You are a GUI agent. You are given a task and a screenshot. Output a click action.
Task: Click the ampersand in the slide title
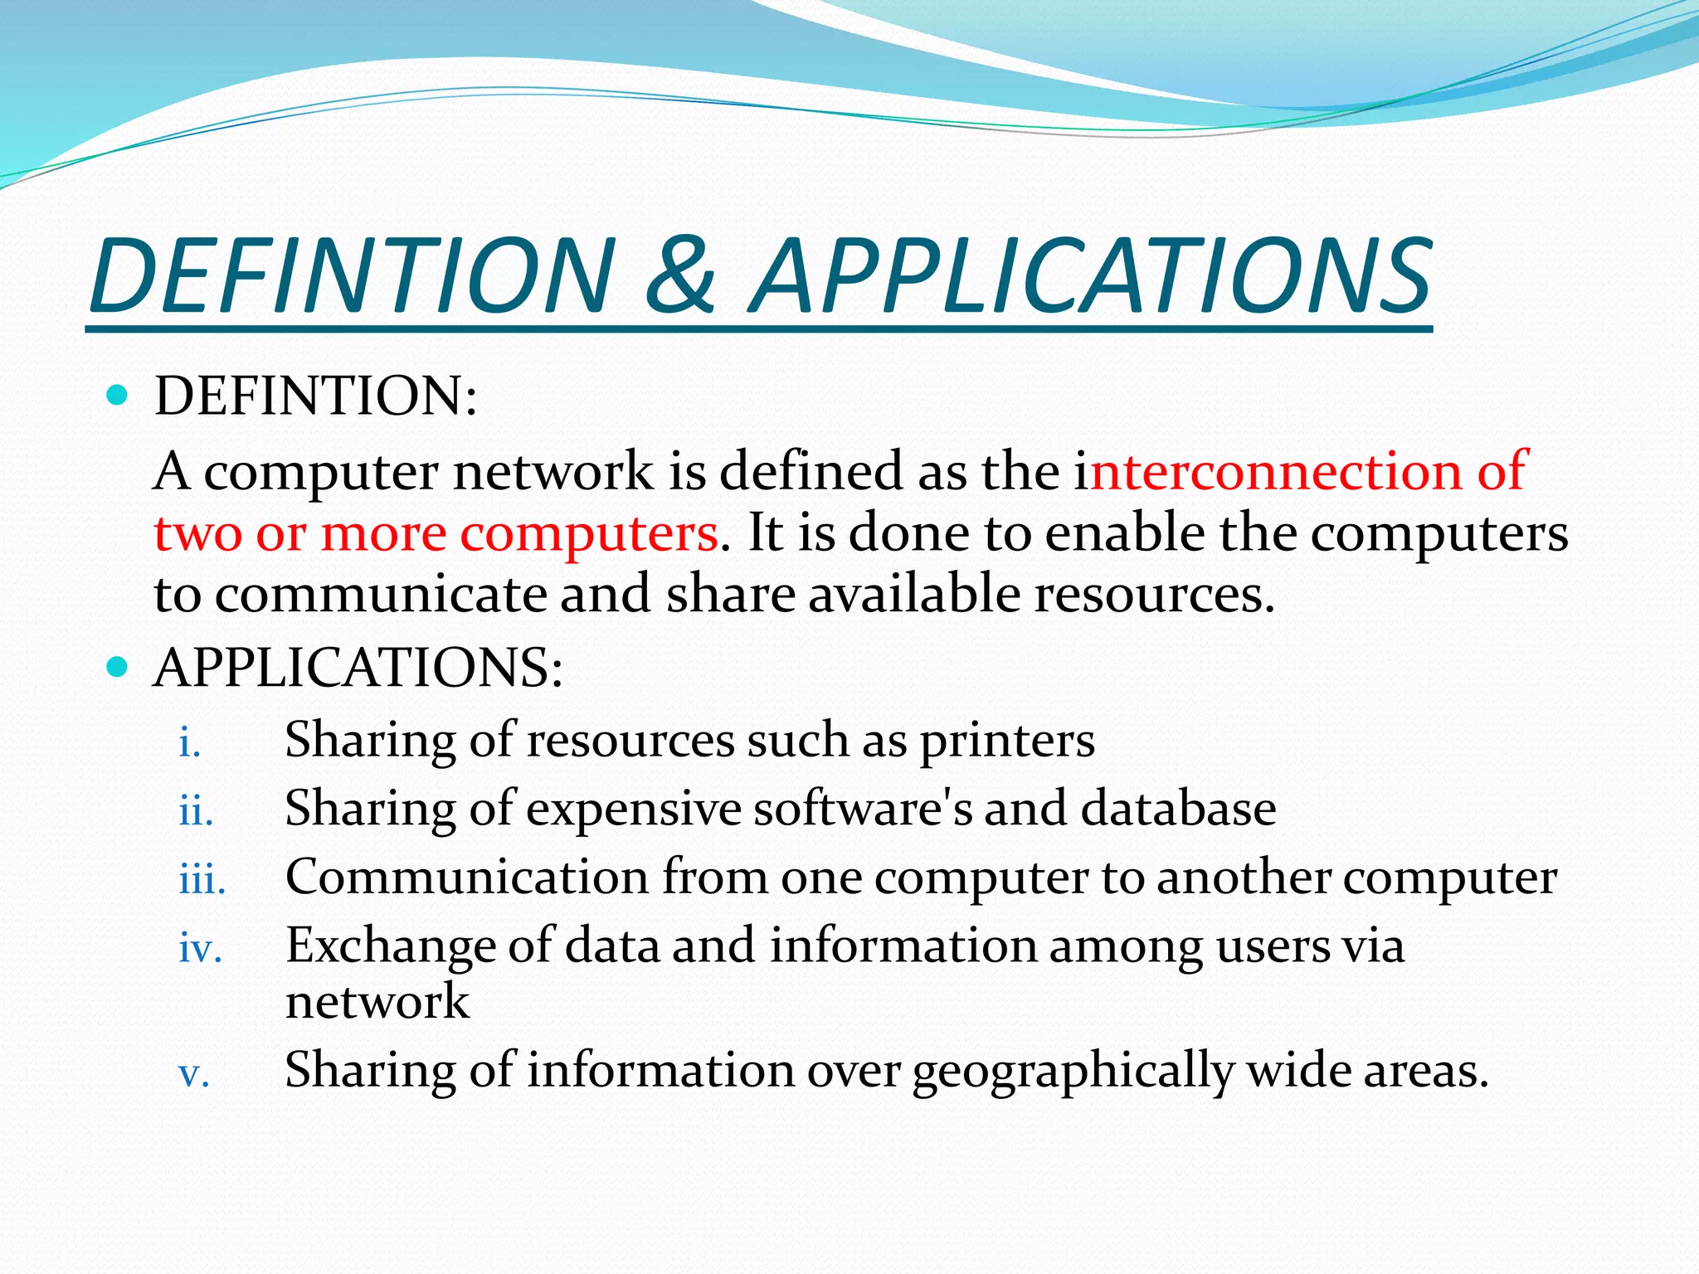[x=680, y=275]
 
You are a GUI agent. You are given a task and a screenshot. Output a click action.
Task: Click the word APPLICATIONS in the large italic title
[x=1091, y=275]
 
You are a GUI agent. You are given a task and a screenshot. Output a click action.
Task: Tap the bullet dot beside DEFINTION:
[x=118, y=395]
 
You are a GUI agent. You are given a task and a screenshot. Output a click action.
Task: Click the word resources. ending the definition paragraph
[x=1153, y=595]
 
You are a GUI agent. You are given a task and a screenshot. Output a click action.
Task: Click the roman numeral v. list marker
[x=194, y=1075]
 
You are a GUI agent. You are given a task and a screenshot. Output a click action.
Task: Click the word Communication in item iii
[x=467, y=878]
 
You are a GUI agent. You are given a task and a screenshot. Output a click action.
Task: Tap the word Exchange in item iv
[x=390, y=946]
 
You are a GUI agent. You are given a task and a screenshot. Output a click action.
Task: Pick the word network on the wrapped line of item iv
[x=377, y=1002]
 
